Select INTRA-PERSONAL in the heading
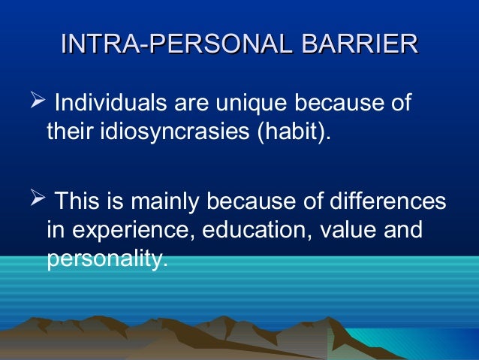(176, 44)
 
